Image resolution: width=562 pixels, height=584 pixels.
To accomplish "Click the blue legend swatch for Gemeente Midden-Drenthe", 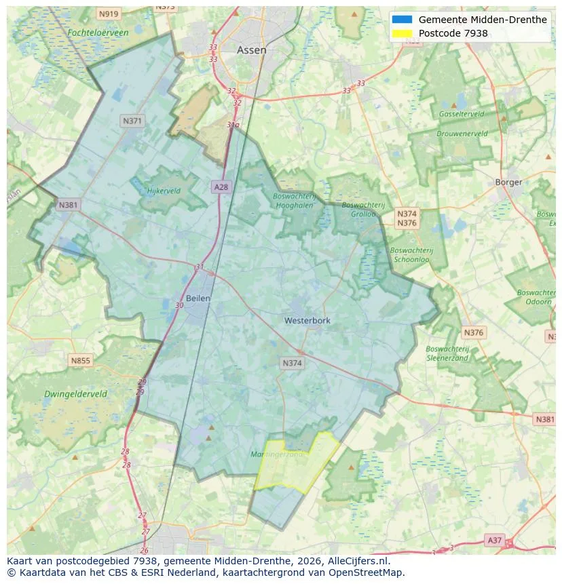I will point(402,20).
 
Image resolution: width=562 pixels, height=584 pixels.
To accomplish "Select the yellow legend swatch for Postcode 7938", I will point(402,33).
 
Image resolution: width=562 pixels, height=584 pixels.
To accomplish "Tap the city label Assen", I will point(251,50).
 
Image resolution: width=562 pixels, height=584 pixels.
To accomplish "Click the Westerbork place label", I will point(307,320).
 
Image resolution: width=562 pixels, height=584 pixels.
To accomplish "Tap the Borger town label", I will point(508,182).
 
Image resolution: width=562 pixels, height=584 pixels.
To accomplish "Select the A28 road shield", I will point(221,187).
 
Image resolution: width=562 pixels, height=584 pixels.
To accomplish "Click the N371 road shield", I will point(132,121).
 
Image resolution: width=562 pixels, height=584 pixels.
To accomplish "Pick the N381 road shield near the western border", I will point(68,205).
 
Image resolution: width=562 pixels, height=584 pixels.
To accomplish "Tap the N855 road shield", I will point(80,360).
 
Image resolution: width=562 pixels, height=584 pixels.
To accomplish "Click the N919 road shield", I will point(108,14).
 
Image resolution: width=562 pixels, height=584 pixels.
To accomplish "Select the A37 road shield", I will point(495,540).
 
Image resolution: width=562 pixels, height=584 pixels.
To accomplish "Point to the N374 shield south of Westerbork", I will point(293,364).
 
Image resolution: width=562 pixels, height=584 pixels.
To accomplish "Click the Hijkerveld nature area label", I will point(164,191).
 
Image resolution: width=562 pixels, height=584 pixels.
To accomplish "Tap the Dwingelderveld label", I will point(75,393).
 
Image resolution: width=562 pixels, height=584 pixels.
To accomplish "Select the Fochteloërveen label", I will point(98,33).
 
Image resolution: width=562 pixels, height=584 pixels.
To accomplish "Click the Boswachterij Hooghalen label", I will point(295,200).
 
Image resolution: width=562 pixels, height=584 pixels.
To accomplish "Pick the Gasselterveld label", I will point(461,114).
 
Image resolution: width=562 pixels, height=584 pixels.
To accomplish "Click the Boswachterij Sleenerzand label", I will point(447,353).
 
